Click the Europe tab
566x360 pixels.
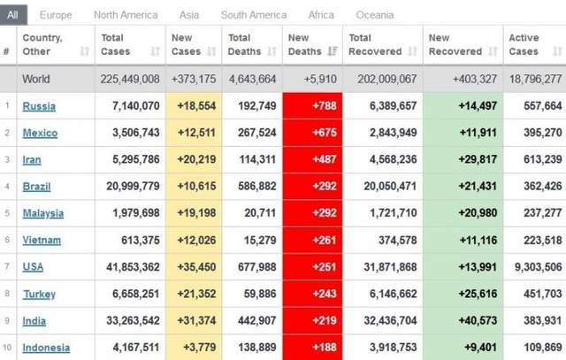tap(56, 15)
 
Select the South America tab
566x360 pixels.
tap(254, 15)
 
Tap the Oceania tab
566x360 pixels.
tap(375, 15)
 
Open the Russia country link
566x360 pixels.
tap(39, 106)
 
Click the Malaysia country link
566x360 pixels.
tap(42, 213)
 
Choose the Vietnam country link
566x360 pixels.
tap(42, 240)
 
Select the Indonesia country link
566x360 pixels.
tap(46, 348)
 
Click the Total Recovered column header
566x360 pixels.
tap(371, 44)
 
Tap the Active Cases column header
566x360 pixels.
tap(524, 44)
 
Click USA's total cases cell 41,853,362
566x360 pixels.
tap(130, 267)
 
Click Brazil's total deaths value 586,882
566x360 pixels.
tap(252, 187)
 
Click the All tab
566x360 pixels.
tap(13, 15)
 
